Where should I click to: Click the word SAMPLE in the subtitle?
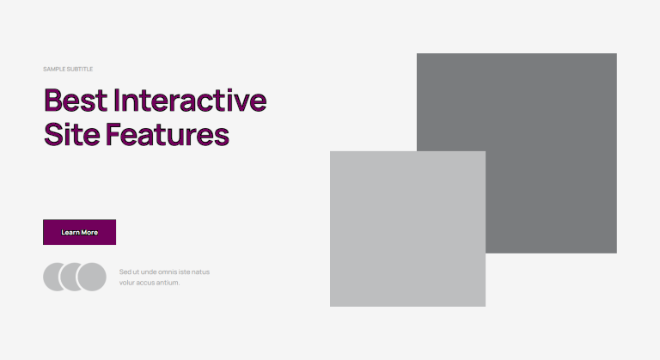[x=54, y=69]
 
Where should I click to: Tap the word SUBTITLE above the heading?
[x=80, y=69]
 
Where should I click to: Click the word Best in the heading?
[x=76, y=101]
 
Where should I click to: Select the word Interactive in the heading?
[x=190, y=101]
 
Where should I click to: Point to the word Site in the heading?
[x=72, y=134]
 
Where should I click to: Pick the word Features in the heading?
[x=168, y=134]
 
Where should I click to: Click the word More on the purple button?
[x=89, y=233]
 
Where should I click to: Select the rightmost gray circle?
[x=92, y=277]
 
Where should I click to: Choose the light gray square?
[x=407, y=229]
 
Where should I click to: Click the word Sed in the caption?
[x=125, y=272]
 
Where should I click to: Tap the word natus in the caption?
[x=200, y=272]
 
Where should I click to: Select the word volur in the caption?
[x=126, y=283]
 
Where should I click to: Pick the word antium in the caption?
[x=168, y=283]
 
